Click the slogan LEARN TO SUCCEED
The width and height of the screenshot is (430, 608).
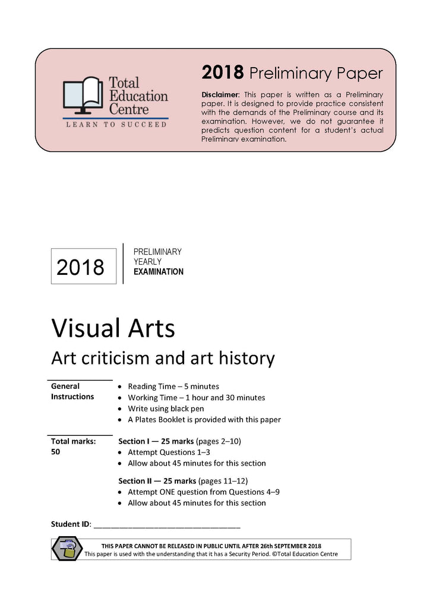click(x=116, y=125)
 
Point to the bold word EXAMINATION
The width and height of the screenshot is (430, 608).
click(x=159, y=272)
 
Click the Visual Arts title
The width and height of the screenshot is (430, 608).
click(x=113, y=328)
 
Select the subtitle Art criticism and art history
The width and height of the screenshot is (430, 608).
click(x=163, y=358)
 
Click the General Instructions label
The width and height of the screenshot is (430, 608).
click(x=72, y=391)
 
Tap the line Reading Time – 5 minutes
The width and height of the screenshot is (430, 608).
click(x=173, y=386)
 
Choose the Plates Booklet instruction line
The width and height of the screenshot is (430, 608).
click(x=204, y=420)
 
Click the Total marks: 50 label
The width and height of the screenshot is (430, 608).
click(x=73, y=446)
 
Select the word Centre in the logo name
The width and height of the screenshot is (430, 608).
click(x=128, y=109)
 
